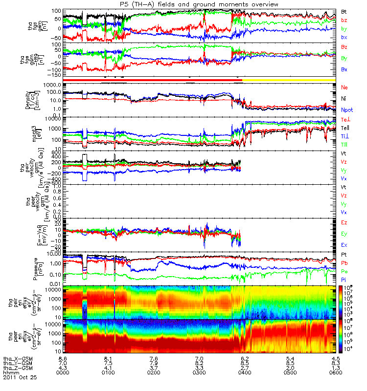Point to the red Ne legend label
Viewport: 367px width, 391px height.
pos(344,87)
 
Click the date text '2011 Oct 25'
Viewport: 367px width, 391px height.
pos(20,378)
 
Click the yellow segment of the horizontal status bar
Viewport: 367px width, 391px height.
pos(289,79)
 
